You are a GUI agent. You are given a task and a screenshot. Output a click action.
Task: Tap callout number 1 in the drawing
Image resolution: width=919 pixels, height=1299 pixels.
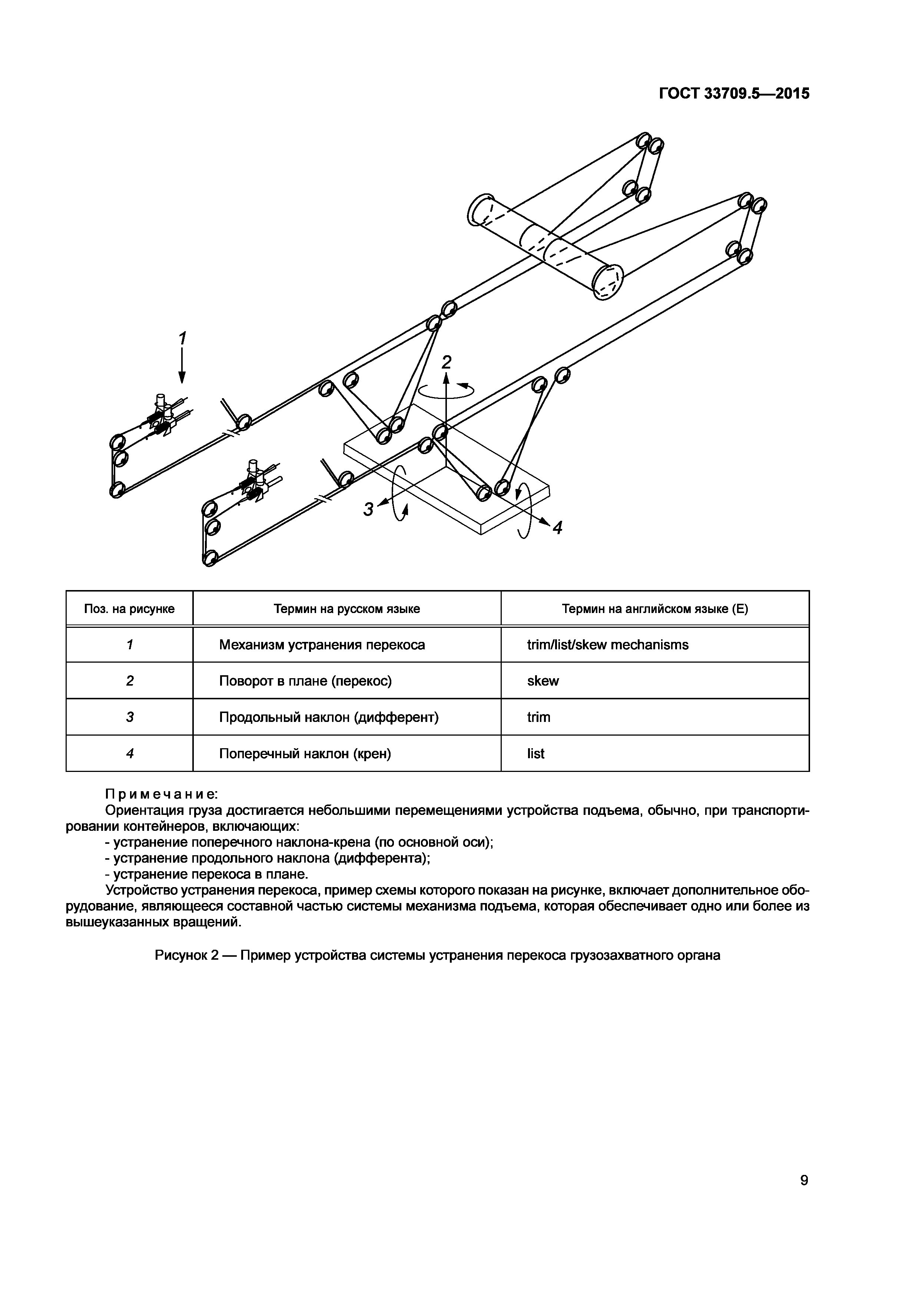[x=182, y=338]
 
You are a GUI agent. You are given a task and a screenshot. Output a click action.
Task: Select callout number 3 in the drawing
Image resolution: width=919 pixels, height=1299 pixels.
[x=368, y=509]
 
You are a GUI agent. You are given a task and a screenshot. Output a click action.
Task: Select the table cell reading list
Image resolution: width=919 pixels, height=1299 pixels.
[x=535, y=754]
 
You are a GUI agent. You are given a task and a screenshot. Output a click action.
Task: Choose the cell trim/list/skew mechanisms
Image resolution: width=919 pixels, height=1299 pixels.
[x=607, y=644]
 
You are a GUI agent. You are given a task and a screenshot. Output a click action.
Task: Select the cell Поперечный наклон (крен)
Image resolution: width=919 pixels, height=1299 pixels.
[x=305, y=754]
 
